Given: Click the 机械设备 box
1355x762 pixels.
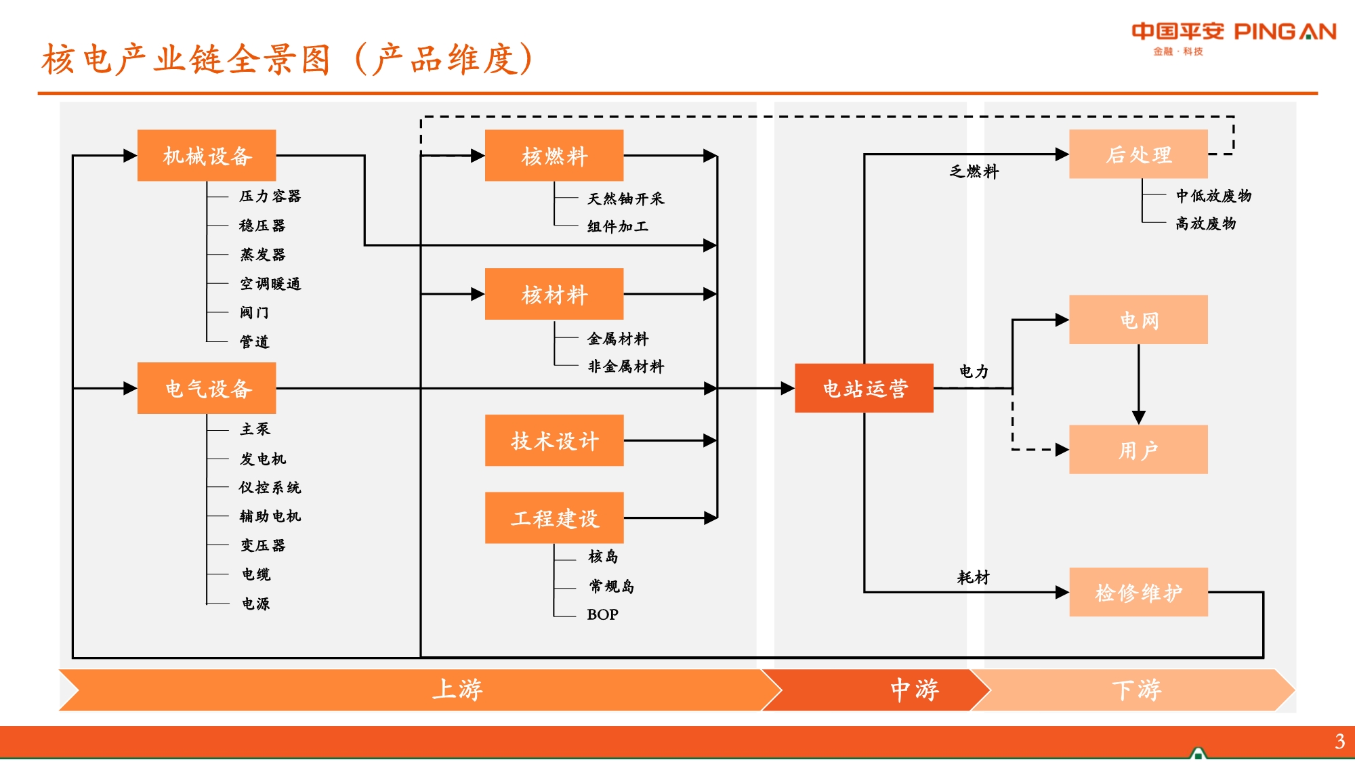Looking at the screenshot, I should pyautogui.click(x=207, y=156).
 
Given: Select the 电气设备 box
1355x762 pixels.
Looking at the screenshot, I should pyautogui.click(x=207, y=388).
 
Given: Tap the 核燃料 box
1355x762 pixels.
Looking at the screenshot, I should pyautogui.click(x=554, y=156).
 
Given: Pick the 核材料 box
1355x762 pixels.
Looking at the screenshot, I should pyautogui.click(x=554, y=294).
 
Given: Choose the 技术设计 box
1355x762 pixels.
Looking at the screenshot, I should pyautogui.click(x=554, y=440).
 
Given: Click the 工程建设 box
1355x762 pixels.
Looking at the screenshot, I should pyautogui.click(x=554, y=517).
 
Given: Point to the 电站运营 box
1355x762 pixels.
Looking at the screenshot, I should pyautogui.click(x=864, y=388).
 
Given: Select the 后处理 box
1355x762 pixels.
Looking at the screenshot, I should pyautogui.click(x=1138, y=154).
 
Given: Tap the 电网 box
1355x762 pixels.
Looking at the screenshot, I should pyautogui.click(x=1138, y=320).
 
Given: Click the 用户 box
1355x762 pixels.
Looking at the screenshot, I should pyautogui.click(x=1138, y=450).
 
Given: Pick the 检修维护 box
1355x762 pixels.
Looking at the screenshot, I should pyautogui.click(x=1138, y=592).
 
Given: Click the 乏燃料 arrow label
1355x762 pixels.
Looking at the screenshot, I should pyautogui.click(x=974, y=171).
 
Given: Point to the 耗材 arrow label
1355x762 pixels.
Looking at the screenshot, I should pyautogui.click(x=973, y=577).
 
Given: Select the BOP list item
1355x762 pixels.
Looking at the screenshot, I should pyautogui.click(x=602, y=614).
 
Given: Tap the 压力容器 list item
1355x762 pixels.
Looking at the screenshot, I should pyautogui.click(x=270, y=196).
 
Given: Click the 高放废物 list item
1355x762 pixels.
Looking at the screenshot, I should pyautogui.click(x=1206, y=224).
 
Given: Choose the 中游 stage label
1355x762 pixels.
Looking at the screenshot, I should pyautogui.click(x=915, y=690).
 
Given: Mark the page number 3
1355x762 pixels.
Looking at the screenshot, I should pyautogui.click(x=1339, y=741).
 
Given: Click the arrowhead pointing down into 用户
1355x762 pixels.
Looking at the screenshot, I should pyautogui.click(x=1139, y=417).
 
